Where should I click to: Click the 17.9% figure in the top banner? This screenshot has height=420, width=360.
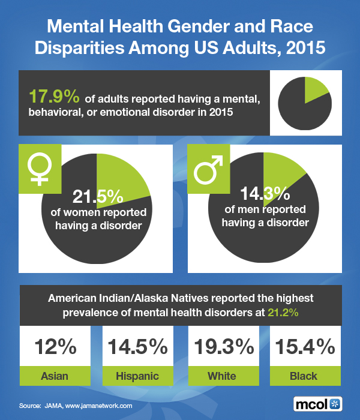[48, 96]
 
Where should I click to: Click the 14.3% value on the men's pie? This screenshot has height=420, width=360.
[265, 194]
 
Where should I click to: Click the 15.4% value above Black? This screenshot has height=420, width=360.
[304, 347]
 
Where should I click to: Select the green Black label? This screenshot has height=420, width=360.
[304, 376]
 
